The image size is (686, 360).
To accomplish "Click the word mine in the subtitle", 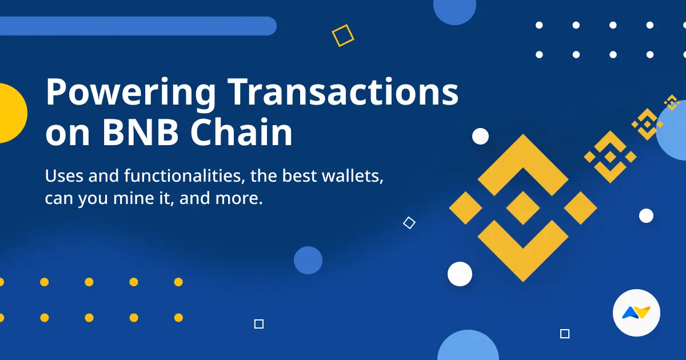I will pos(137,199).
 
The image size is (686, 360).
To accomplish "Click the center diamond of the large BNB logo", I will pos(523,207).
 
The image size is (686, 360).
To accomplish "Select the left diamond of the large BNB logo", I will pos(465,207).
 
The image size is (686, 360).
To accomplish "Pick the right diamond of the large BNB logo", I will pos(581,207).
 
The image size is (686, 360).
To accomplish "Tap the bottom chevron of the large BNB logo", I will pos(523,251).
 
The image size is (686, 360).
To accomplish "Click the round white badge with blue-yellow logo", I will pos(636,313).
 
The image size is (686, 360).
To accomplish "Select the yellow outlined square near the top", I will pos(343,35).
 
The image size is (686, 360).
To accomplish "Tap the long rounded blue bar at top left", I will pos(137,26).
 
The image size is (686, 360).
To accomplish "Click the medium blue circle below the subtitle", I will pos(308,261).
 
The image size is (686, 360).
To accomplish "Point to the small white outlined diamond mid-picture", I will pos(409,223).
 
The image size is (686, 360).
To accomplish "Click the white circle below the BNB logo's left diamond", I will pos(460,274).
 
